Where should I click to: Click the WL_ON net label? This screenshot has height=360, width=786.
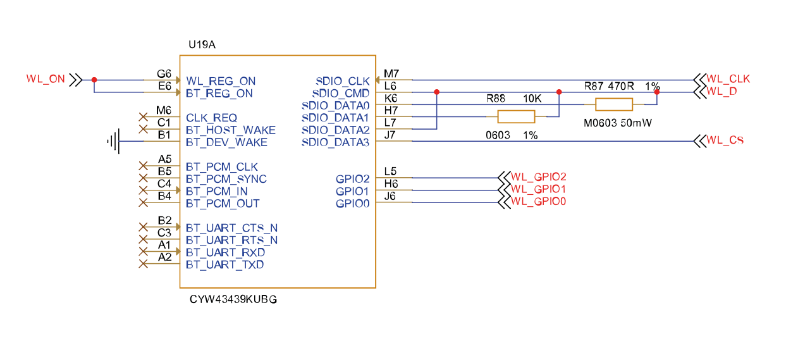click(46, 79)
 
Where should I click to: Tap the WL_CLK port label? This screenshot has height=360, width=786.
click(728, 79)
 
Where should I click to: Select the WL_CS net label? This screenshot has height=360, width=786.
click(725, 140)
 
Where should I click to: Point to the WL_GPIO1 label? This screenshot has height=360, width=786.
click(538, 189)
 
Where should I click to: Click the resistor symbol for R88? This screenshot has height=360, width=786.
click(516, 116)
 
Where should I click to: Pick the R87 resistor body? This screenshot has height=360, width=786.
click(614, 104)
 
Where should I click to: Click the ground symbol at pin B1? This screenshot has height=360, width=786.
click(113, 142)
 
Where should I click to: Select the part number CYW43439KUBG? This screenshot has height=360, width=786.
click(233, 299)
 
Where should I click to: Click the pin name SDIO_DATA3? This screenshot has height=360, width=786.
click(335, 142)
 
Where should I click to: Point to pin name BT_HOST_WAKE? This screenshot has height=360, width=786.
click(231, 130)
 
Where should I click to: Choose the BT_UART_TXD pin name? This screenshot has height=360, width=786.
click(225, 264)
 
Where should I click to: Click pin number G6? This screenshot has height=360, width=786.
click(164, 74)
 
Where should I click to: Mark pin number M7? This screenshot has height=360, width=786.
click(391, 73)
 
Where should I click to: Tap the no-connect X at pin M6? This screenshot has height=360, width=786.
click(143, 117)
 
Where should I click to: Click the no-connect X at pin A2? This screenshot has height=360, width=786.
click(143, 264)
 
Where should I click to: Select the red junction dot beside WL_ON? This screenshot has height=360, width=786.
click(94, 80)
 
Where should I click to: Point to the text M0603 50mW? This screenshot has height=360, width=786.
click(617, 123)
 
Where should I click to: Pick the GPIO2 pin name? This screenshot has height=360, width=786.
click(352, 179)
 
